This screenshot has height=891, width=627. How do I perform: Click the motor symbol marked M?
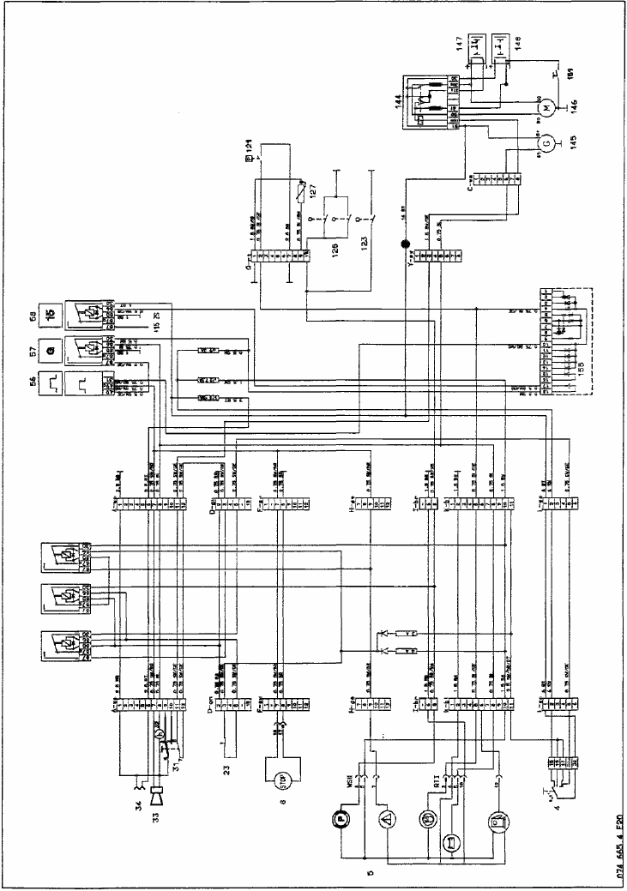543,107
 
